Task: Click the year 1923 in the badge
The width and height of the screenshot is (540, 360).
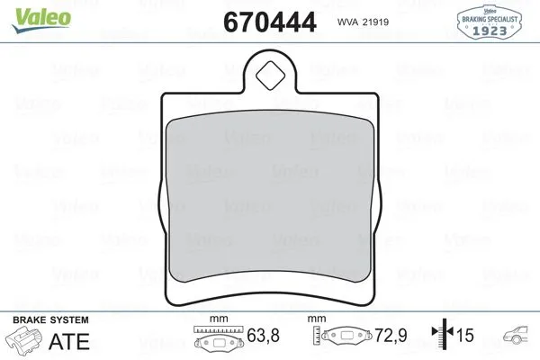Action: tap(489, 28)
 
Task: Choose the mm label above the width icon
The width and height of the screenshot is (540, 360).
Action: tap(216, 319)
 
